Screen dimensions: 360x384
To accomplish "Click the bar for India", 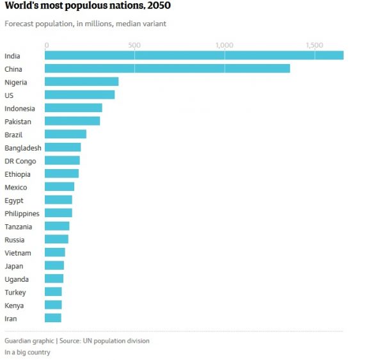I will point(194,55).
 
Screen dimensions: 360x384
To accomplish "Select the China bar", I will point(167,69).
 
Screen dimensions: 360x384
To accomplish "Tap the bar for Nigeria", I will point(81,82).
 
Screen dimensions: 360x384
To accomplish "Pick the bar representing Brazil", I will point(65,135).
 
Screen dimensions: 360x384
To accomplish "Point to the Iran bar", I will point(53,318).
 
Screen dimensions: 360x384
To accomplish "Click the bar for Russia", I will point(56,240).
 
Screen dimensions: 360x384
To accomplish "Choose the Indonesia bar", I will point(73,108).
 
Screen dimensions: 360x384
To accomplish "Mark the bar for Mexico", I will point(60,187).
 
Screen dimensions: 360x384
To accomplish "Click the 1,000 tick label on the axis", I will point(224,45).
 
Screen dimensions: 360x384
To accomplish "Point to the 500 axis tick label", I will point(134,45).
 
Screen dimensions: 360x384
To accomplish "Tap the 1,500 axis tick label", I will point(314,45).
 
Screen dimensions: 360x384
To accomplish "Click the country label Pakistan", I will point(18,122).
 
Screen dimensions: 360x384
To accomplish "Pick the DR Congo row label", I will point(20,161).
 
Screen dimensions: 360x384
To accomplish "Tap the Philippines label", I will point(22,214).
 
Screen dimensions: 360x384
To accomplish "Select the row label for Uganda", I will point(17,279).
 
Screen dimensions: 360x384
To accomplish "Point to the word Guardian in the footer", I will point(19,341).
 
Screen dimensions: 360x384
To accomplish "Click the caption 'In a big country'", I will point(28,352).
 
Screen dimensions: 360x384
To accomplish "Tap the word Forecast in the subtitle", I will point(19,24).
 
